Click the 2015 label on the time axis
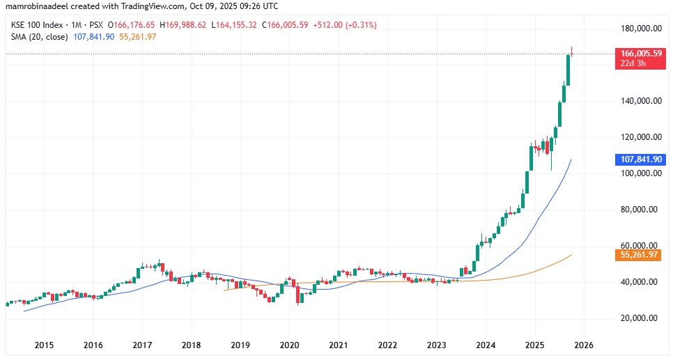[x=44, y=345]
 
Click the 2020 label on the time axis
[x=289, y=345]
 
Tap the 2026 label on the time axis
[x=583, y=345]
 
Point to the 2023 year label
[x=437, y=345]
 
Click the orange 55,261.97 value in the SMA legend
[x=138, y=36]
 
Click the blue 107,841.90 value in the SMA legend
[x=94, y=36]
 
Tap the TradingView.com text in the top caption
[x=158, y=6]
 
